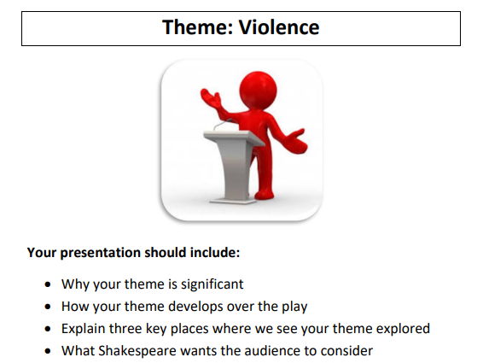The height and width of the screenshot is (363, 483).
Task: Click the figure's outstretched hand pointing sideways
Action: click(x=299, y=139)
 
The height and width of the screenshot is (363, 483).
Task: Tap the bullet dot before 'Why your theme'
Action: click(x=47, y=284)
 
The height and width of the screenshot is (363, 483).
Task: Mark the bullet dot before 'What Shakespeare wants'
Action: click(x=47, y=351)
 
